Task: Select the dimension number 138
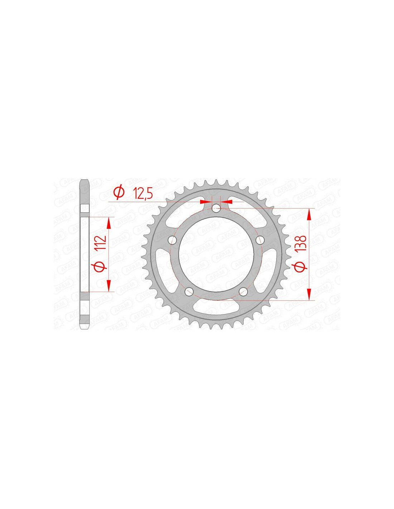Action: (302, 244)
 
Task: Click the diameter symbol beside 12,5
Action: (119, 193)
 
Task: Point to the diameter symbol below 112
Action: (101, 266)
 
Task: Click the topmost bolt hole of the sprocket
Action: (216, 208)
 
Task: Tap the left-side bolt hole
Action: (172, 239)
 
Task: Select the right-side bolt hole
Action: (260, 239)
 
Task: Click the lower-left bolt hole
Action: (189, 291)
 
